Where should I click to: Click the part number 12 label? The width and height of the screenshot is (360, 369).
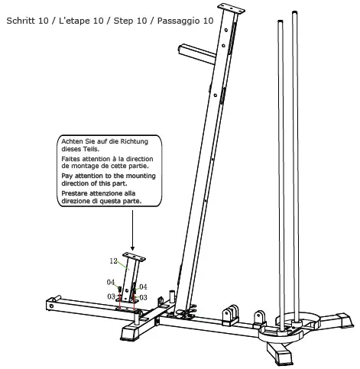(112, 261)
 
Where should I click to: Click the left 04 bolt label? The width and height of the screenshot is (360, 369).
(111, 282)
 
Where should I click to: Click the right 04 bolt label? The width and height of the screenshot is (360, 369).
(143, 286)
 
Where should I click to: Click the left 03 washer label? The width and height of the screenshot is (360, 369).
(111, 296)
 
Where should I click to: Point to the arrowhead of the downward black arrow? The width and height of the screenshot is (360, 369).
(132, 251)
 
